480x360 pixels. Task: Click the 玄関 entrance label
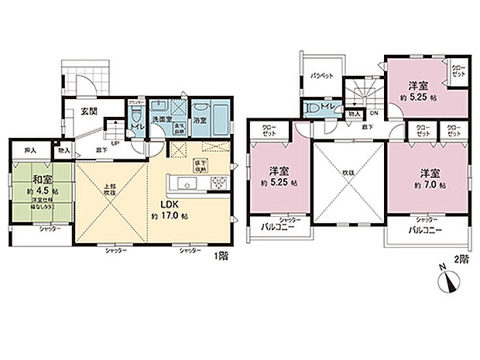(88, 111)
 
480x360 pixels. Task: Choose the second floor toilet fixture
(314, 109)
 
